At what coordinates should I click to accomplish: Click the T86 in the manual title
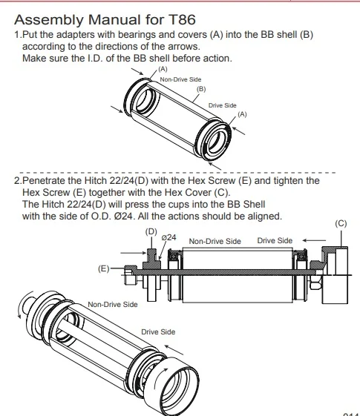click(182, 19)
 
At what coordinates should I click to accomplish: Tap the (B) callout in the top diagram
click(201, 89)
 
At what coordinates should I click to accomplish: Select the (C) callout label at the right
click(341, 224)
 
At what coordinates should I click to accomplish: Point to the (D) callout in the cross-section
click(151, 231)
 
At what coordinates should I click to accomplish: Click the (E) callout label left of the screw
click(103, 268)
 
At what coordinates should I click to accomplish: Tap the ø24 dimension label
click(168, 237)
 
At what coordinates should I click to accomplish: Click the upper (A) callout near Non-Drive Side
click(163, 69)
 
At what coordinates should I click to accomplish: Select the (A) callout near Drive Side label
click(242, 114)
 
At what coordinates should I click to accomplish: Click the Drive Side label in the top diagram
click(223, 105)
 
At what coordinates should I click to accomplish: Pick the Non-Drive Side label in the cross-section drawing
click(215, 241)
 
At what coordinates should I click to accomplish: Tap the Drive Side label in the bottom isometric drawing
click(158, 332)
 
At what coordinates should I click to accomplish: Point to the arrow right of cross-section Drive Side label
click(314, 240)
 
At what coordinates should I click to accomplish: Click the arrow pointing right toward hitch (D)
click(134, 253)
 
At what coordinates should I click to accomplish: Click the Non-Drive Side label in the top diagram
click(180, 79)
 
